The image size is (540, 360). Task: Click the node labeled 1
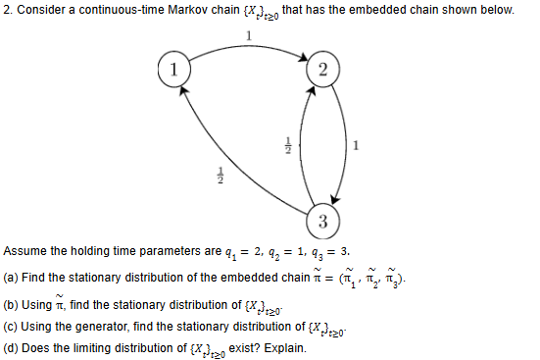click(173, 70)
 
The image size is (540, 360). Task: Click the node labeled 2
click(324, 70)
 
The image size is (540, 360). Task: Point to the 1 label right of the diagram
click(355, 147)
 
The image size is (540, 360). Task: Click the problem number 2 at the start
click(7, 10)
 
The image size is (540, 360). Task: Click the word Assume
click(26, 250)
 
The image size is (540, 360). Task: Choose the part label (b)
click(12, 306)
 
